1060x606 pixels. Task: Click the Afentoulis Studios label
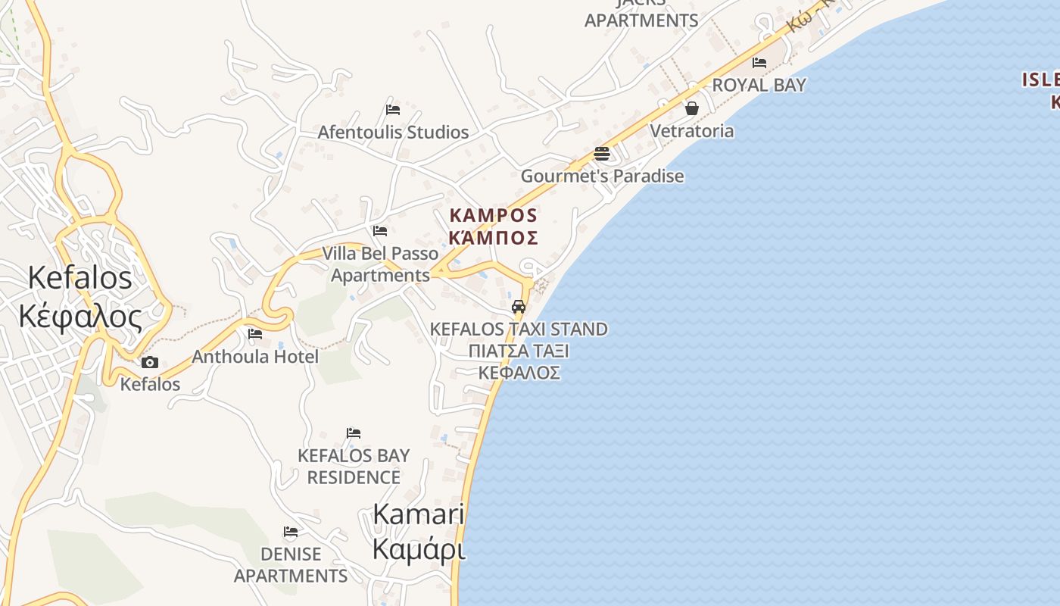(x=393, y=133)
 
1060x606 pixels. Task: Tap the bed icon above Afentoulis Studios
(x=392, y=109)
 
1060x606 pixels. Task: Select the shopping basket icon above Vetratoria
(x=691, y=108)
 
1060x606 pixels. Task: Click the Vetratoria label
(x=692, y=131)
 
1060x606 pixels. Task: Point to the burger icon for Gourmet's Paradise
(x=602, y=154)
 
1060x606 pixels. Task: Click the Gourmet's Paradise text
(x=602, y=176)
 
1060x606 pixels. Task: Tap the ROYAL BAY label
(x=759, y=85)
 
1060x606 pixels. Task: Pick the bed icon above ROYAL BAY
(x=759, y=62)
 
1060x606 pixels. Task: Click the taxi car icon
(x=519, y=307)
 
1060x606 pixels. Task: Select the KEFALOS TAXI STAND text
(x=519, y=330)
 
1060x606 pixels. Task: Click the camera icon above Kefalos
(x=150, y=362)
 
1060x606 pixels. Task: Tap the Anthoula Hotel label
(x=255, y=356)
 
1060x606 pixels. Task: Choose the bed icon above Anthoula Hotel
(x=255, y=333)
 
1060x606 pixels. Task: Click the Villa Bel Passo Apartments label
(x=380, y=264)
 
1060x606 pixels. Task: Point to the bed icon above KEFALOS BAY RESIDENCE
(x=354, y=433)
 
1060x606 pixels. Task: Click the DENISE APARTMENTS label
(x=291, y=565)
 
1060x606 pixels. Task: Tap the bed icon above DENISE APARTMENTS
(x=290, y=532)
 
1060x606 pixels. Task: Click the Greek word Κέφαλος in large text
(x=80, y=316)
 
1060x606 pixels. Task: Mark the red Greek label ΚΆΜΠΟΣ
(x=493, y=238)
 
